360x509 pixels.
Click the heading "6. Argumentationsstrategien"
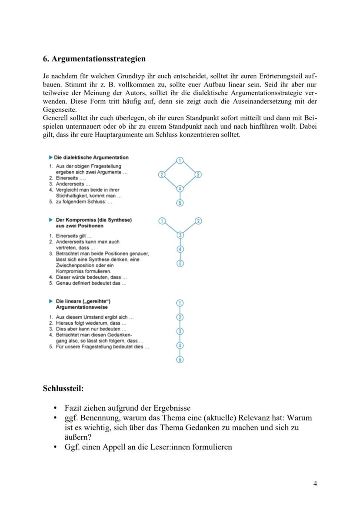point(94,59)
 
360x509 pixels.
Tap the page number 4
point(315,483)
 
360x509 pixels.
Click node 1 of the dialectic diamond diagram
point(180,161)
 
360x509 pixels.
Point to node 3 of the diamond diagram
point(198,175)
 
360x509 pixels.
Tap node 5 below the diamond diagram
point(180,203)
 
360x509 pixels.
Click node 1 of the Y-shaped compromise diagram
point(162,221)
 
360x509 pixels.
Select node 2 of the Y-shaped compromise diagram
point(198,221)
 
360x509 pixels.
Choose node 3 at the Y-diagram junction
point(180,235)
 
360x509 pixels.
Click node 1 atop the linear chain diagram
point(180,303)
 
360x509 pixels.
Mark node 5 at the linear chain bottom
point(180,359)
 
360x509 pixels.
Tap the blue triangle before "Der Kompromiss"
point(51,220)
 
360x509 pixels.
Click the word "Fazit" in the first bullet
point(74,408)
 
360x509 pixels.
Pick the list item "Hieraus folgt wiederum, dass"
point(91,323)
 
